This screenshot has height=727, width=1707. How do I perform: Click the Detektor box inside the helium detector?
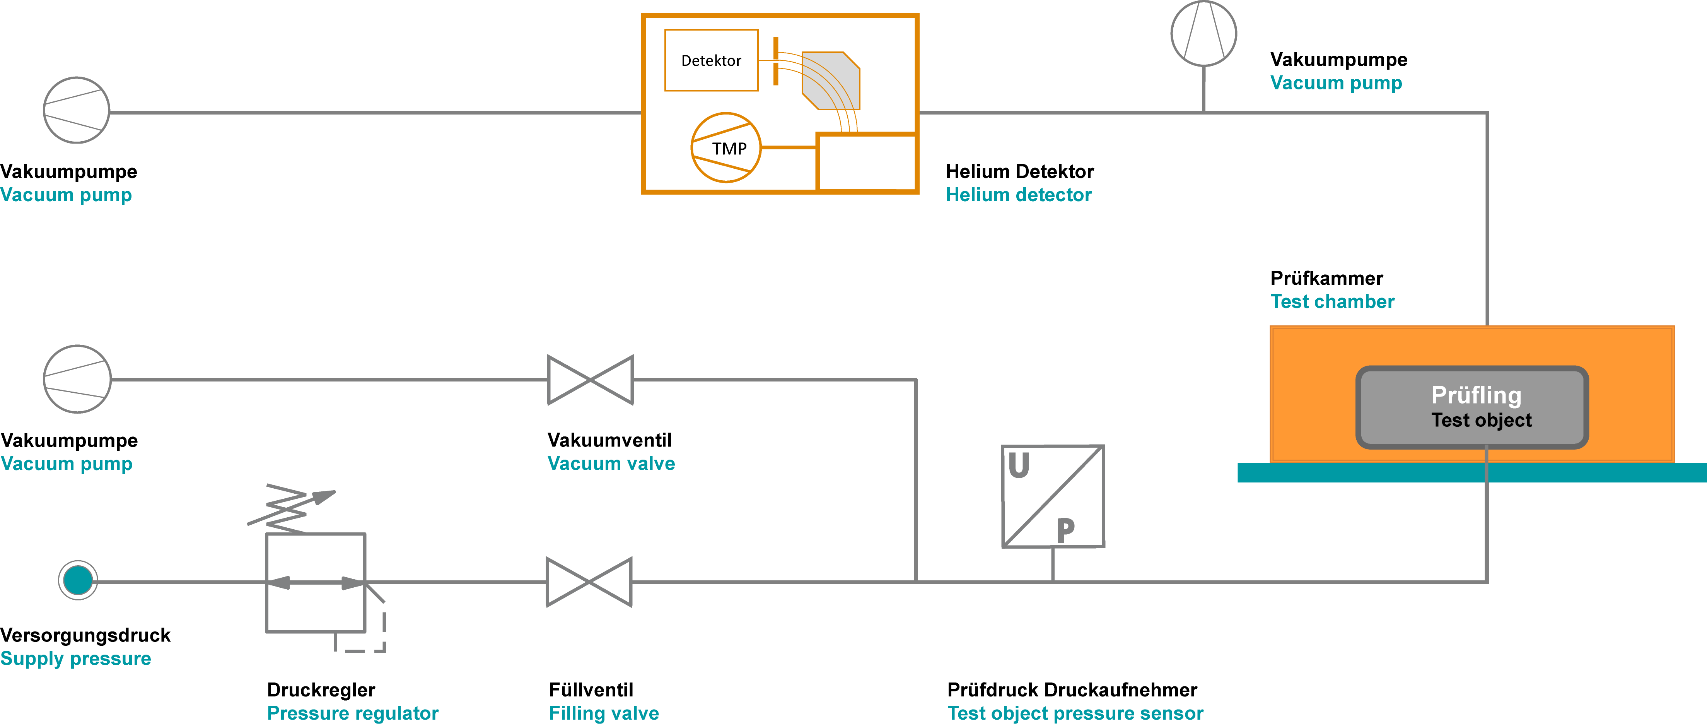pyautogui.click(x=711, y=60)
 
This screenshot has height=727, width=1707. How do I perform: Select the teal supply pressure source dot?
pyautogui.click(x=78, y=580)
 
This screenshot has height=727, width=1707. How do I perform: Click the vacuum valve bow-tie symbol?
pyautogui.click(x=591, y=380)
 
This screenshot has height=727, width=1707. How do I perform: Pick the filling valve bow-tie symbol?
pyautogui.click(x=589, y=582)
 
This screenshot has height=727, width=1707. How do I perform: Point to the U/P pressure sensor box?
pyautogui.click(x=1053, y=496)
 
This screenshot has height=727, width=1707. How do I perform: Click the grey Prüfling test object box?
pyautogui.click(x=1472, y=407)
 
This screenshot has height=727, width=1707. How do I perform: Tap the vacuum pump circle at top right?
pyautogui.click(x=1203, y=33)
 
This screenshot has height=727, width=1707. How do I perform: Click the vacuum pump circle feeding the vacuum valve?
pyautogui.click(x=77, y=379)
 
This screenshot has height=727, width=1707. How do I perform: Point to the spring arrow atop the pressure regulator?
pyautogui.click(x=292, y=509)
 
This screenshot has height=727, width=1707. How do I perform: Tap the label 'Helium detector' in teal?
pyautogui.click(x=1019, y=195)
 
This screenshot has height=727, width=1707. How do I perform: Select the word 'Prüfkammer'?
pyautogui.click(x=1326, y=278)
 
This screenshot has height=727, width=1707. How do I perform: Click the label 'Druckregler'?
pyautogui.click(x=321, y=690)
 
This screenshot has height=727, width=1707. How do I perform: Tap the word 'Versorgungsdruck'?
pyautogui.click(x=85, y=635)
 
